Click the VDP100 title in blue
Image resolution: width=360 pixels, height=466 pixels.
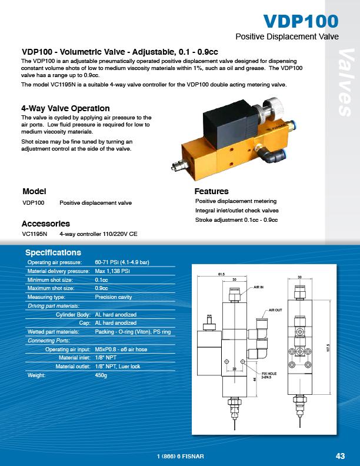tap(301, 21)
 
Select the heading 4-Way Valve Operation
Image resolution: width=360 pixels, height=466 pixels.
tap(65, 109)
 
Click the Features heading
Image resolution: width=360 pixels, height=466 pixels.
tap(211, 191)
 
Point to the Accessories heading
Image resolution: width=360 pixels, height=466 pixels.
tap(46, 224)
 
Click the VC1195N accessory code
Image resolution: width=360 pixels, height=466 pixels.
tap(34, 234)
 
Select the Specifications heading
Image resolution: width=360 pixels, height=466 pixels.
tap(53, 253)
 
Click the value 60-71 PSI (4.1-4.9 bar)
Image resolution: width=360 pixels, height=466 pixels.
tap(122, 262)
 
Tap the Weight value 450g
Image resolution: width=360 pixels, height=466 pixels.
tap(102, 375)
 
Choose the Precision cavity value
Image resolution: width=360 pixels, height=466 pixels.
tap(114, 297)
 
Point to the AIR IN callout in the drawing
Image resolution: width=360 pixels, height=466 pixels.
tap(259, 287)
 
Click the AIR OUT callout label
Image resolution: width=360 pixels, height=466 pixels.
tap(276, 309)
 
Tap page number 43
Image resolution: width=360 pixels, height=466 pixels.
tap(339, 456)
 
